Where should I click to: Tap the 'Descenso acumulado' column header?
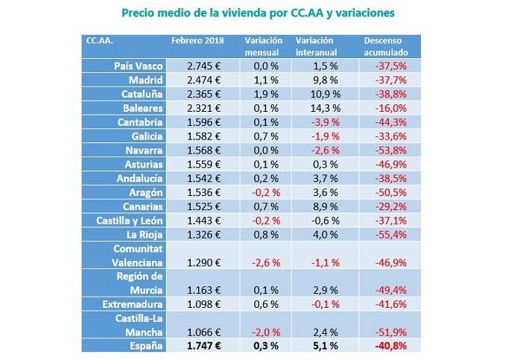[386, 46]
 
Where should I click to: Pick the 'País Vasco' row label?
[137, 66]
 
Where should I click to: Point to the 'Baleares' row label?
[140, 108]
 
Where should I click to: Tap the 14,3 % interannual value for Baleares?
[317, 108]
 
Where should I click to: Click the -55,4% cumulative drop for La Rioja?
[392, 234]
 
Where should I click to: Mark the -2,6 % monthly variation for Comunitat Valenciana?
[264, 262]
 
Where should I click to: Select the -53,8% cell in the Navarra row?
[392, 150]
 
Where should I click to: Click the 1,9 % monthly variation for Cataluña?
[264, 94]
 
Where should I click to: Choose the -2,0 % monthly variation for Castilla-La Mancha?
[264, 332]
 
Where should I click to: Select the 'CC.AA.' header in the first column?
[99, 40]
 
